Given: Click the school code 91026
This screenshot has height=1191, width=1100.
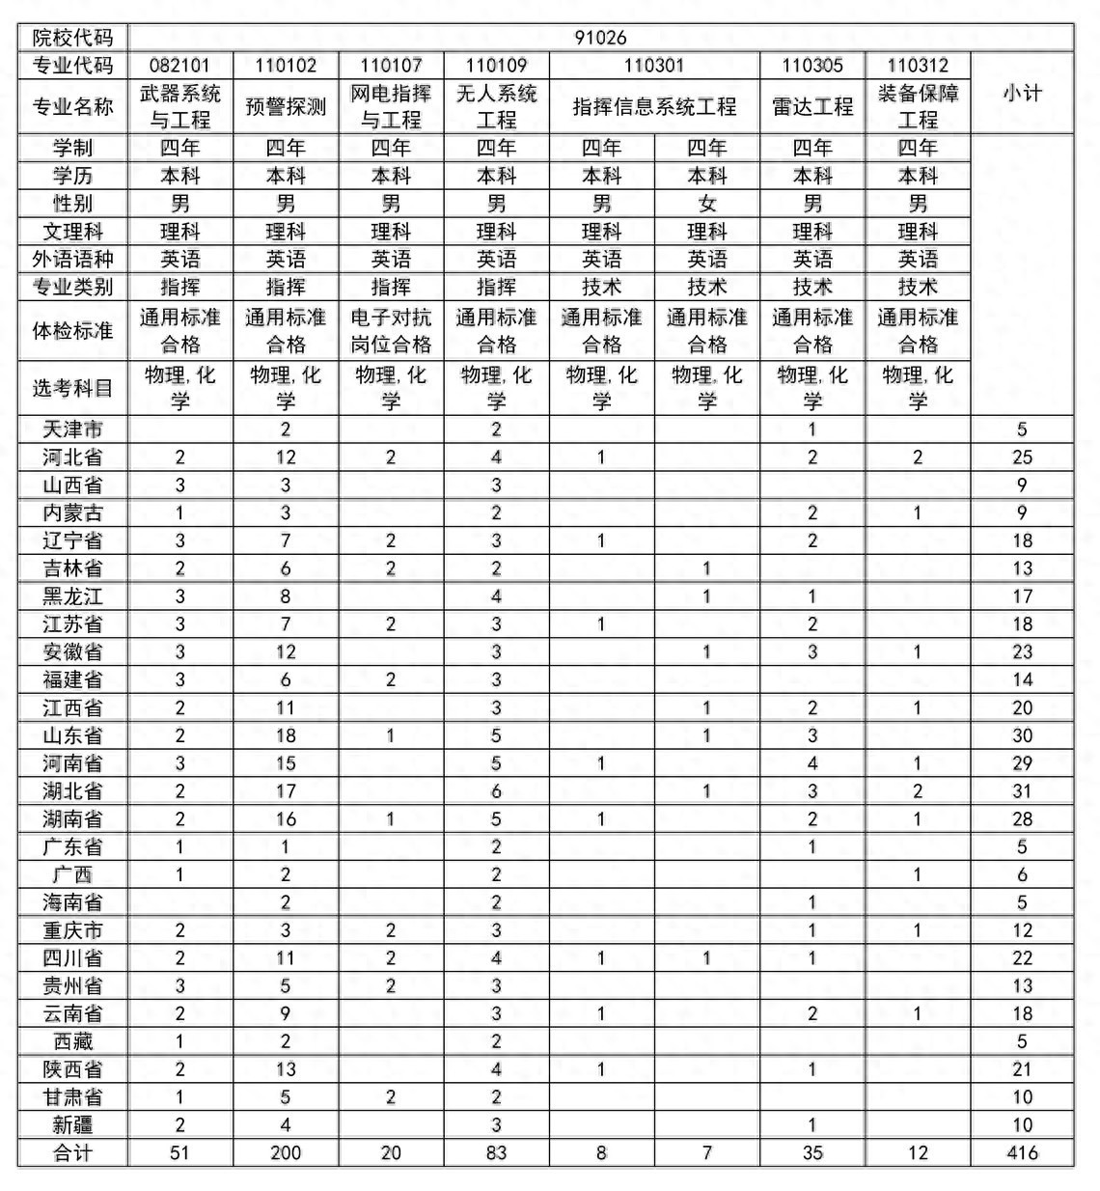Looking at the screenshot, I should tap(600, 38).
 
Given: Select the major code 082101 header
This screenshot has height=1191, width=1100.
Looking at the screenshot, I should tap(179, 66).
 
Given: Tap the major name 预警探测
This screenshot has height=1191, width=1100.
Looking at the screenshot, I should tap(286, 106).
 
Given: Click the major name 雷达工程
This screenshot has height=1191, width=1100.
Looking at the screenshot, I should tap(812, 106).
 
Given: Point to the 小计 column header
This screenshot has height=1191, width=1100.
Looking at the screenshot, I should tap(1022, 93).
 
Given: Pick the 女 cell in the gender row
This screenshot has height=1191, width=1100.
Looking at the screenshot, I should tap(707, 204).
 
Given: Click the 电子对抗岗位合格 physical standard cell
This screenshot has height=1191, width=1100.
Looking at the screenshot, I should tap(391, 331).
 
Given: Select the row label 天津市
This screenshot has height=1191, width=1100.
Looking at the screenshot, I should tap(72, 429).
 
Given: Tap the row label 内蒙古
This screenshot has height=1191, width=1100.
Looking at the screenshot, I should tap(72, 512).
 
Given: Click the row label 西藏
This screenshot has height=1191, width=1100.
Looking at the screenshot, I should tap(72, 1041).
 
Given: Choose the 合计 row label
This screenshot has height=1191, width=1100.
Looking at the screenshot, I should tap(72, 1152).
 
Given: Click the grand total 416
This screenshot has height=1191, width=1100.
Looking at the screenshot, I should tap(1022, 1152).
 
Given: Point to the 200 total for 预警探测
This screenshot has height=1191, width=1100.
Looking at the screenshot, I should tap(286, 1152).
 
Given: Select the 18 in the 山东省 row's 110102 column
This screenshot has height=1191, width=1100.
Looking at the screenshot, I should tap(286, 735).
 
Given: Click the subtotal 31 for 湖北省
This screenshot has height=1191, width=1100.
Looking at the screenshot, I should tap(1022, 791).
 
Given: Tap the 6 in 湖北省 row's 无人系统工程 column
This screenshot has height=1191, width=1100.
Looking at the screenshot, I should tap(496, 791).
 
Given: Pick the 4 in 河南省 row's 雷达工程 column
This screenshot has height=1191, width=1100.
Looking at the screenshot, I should tap(812, 763).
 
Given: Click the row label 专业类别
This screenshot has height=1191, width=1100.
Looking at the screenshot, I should tap(72, 287).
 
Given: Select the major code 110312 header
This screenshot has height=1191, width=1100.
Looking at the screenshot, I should tap(918, 66).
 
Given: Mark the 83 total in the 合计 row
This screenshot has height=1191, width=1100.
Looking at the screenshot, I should tap(496, 1152).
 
